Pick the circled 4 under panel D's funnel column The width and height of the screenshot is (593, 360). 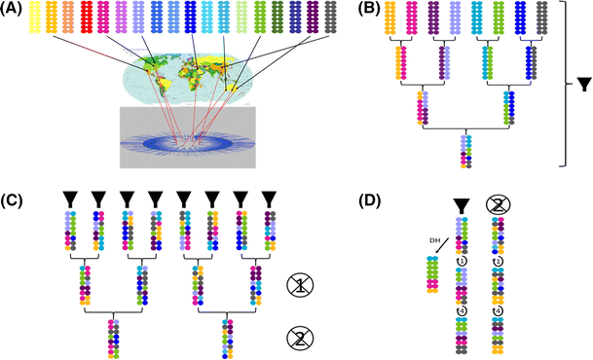(463, 313)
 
